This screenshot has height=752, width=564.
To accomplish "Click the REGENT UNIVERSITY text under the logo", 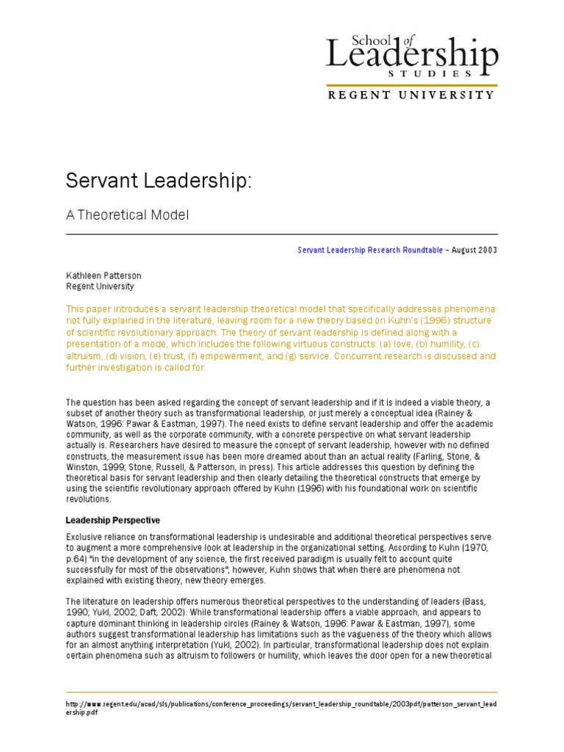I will tap(411, 95).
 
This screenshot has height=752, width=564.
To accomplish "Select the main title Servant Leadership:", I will tap(159, 181).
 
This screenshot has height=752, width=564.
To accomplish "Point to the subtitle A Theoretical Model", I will tap(128, 215).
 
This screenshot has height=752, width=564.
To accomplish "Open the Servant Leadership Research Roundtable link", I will tap(370, 250).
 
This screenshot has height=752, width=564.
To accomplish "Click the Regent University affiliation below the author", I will tap(100, 286).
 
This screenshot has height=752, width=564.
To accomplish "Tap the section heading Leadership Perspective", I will tap(113, 521).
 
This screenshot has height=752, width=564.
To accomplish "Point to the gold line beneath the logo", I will tap(411, 85).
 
